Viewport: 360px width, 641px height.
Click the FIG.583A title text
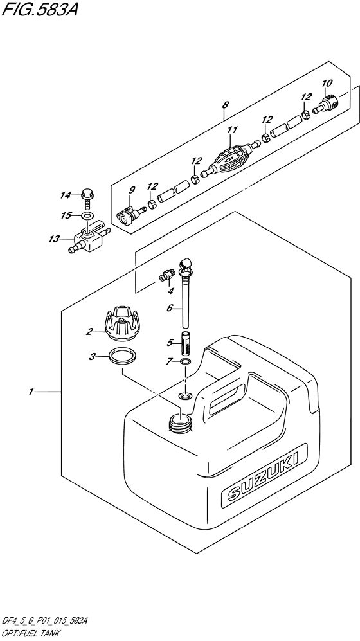(x=39, y=9)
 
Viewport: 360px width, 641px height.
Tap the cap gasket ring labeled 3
(x=122, y=356)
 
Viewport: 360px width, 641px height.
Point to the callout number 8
(x=225, y=105)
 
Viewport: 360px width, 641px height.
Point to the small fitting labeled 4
(x=166, y=276)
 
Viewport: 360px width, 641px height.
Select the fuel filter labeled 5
(x=185, y=344)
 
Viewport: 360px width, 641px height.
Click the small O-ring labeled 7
(x=185, y=361)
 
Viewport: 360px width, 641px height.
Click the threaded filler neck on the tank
(x=180, y=422)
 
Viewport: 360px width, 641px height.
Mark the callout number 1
(x=31, y=392)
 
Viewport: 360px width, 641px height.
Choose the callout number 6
(x=169, y=309)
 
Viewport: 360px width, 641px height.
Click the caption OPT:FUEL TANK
(x=31, y=634)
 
